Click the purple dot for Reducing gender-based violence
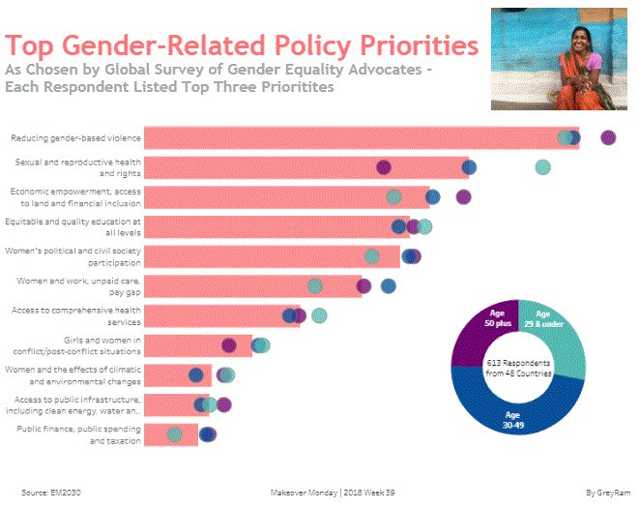tap(607, 137)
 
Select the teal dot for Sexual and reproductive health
tap(543, 167)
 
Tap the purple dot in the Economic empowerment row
tap(463, 197)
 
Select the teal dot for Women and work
tap(314, 285)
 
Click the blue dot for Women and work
tap(388, 285)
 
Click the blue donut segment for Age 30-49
tap(519, 410)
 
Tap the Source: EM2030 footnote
tap(50, 492)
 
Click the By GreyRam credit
tap(604, 492)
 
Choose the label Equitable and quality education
tap(73, 226)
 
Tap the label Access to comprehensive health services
tap(75, 315)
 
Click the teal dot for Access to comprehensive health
tap(319, 315)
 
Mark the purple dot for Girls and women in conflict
tap(228, 345)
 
